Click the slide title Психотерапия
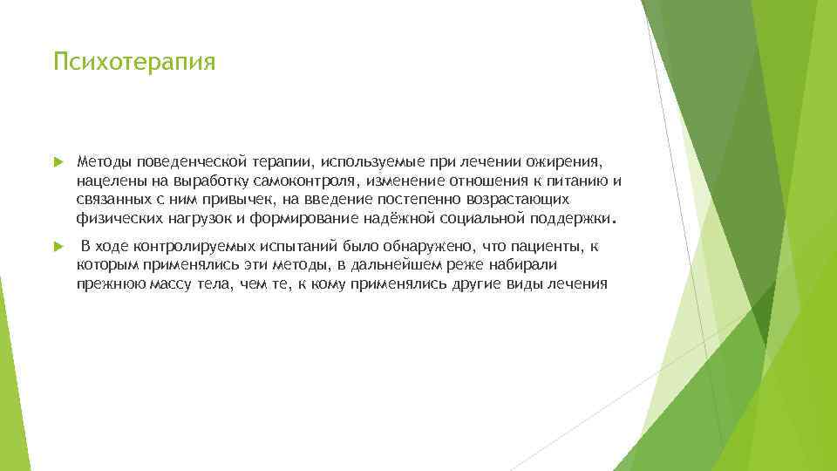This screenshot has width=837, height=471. click(x=133, y=63)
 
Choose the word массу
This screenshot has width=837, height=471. click(x=180, y=283)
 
